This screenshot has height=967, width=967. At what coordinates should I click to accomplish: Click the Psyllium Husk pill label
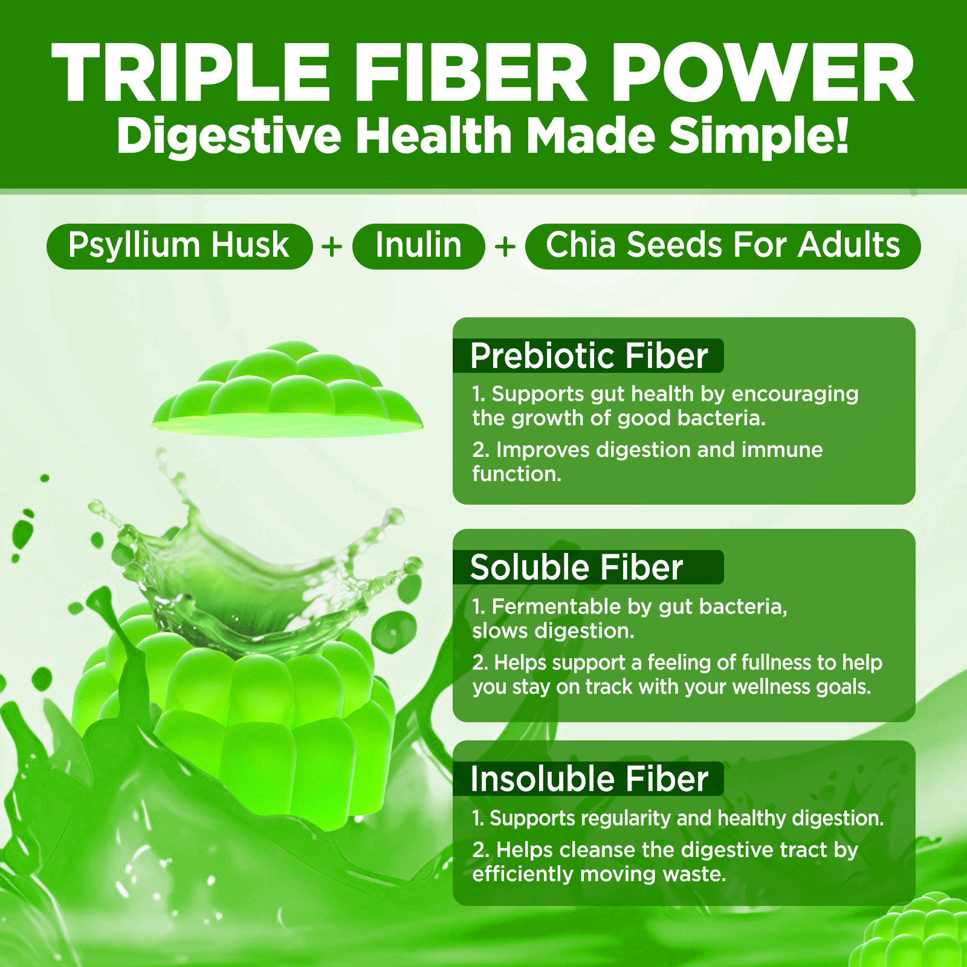tap(179, 246)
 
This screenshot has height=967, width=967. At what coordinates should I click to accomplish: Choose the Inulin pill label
tap(419, 246)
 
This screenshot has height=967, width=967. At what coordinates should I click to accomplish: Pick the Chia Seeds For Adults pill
tap(723, 246)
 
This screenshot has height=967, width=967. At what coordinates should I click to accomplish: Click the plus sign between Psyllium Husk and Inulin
tap(332, 247)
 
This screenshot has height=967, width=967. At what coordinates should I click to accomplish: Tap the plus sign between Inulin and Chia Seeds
tap(505, 247)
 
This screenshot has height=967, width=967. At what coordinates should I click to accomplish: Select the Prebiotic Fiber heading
tap(589, 355)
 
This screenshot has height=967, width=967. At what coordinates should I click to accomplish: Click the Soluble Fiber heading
tap(577, 568)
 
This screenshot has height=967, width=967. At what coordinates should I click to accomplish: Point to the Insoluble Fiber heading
tap(589, 778)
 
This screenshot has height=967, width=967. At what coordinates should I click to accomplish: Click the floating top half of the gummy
tap(288, 390)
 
